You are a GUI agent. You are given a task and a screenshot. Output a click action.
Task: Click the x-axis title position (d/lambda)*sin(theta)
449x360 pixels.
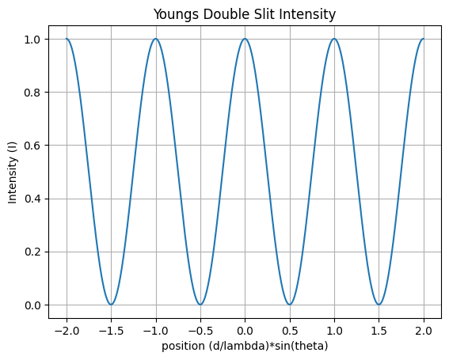pyautogui.click(x=245, y=347)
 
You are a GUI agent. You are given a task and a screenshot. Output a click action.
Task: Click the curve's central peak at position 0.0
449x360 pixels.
pyautogui.click(x=245, y=39)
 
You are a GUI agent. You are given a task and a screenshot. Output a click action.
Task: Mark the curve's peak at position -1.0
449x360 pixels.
pyautogui.click(x=155, y=39)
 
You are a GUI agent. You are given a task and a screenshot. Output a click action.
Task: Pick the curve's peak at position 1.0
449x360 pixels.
pyautogui.click(x=334, y=39)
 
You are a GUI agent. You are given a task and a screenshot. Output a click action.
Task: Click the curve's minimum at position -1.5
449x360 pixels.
pyautogui.click(x=111, y=305)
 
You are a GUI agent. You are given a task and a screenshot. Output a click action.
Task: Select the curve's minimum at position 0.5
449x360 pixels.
pyautogui.click(x=290, y=305)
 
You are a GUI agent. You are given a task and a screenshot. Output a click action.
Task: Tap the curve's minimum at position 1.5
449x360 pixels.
pyautogui.click(x=379, y=305)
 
